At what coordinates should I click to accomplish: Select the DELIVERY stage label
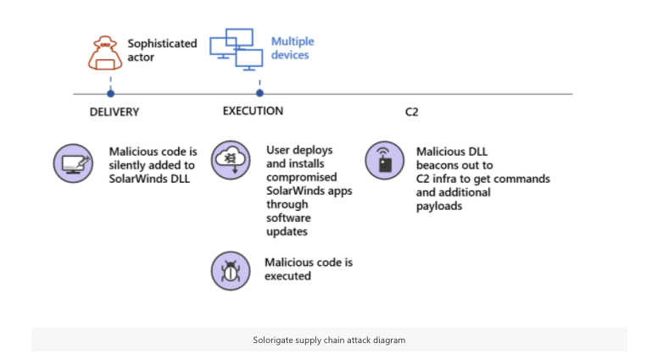(x=114, y=112)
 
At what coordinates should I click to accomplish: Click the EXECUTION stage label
(x=253, y=111)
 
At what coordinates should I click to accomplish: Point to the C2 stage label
(x=411, y=112)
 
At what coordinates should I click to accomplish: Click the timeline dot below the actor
(x=110, y=93)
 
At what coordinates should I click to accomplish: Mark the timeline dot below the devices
(x=259, y=93)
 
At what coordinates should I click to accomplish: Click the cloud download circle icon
(x=230, y=161)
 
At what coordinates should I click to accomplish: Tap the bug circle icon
(x=230, y=270)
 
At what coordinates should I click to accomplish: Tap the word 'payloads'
(x=439, y=206)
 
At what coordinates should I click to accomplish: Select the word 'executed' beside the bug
(x=288, y=276)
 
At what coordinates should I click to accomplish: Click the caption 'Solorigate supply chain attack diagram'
(x=329, y=340)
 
